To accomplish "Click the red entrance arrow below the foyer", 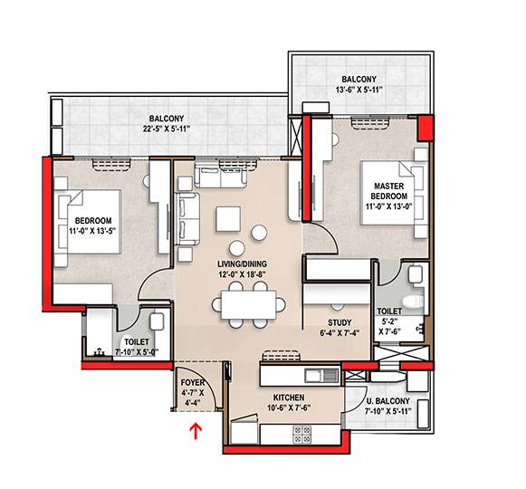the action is click(x=196, y=431).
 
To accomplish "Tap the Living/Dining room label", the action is click(x=243, y=264).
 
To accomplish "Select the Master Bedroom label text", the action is click(x=388, y=191).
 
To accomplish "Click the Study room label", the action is click(x=340, y=323).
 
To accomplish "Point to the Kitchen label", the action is click(x=289, y=398).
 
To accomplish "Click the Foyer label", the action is click(x=193, y=383).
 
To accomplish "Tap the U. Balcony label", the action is click(x=387, y=401).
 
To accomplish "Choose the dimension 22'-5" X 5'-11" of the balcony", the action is click(x=167, y=129).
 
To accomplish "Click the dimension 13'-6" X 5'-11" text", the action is click(x=359, y=90).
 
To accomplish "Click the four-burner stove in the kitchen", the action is click(x=301, y=435).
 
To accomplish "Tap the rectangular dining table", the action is click(x=249, y=305).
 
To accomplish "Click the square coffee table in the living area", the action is click(x=228, y=219).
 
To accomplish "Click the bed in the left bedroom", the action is click(x=88, y=222).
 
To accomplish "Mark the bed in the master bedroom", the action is click(x=394, y=193).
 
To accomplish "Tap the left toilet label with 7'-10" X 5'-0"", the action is click(x=137, y=347).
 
